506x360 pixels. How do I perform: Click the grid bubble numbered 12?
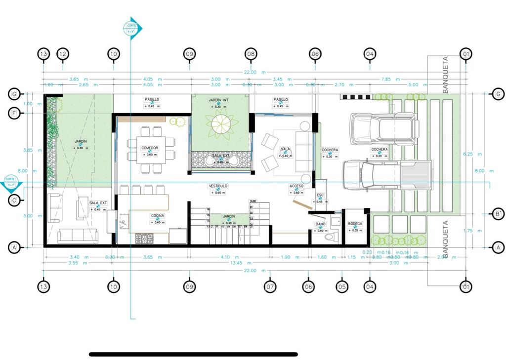coord(62,53)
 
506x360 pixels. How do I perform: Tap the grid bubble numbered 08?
coord(251,53)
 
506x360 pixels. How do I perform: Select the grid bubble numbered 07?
coord(270,286)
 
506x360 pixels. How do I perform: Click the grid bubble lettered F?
coord(15,113)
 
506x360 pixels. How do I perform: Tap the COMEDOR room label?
coord(150,148)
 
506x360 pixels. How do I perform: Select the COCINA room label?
coord(158,216)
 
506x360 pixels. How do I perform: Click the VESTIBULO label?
coord(217,186)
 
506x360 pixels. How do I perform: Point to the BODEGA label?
coord(355,224)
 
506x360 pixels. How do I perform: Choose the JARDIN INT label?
coord(218,100)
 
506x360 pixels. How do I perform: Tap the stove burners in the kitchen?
coord(145,239)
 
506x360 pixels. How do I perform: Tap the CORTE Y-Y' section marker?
coord(10,182)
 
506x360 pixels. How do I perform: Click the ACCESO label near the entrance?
coord(296,186)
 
